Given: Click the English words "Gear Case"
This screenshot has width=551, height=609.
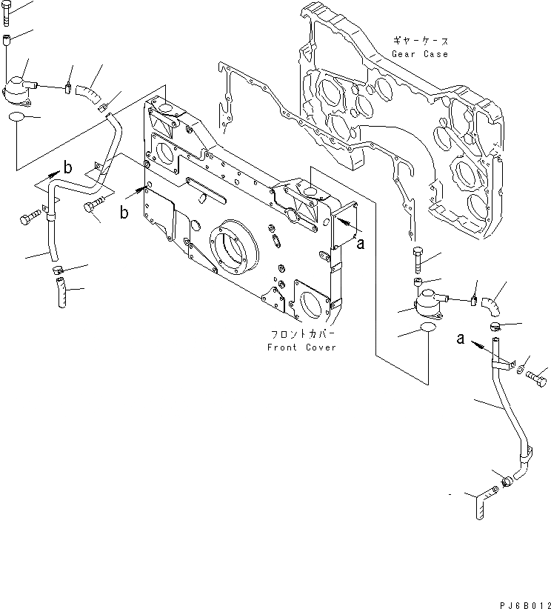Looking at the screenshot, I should [421, 54].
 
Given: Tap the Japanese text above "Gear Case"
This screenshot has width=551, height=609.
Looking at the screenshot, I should [421, 41].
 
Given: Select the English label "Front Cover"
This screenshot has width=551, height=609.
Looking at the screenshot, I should [302, 347].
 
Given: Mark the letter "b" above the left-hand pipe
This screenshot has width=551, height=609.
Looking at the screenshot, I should [67, 168].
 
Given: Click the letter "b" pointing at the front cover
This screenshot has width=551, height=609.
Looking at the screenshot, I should [124, 214].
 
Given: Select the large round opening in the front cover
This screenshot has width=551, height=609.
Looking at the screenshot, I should [235, 252].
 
